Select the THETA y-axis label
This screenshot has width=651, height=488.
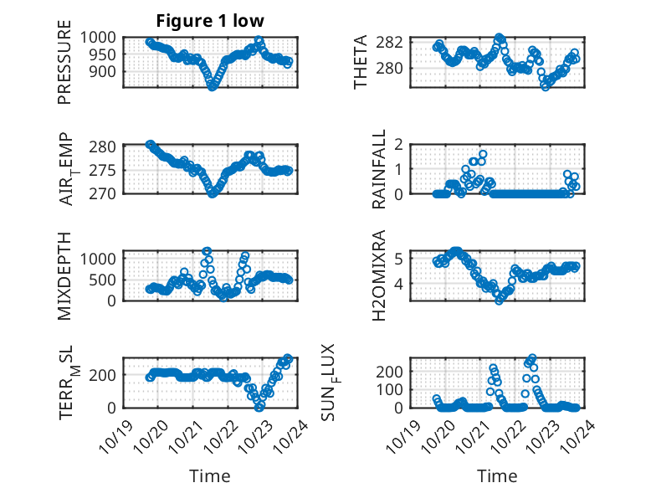point(361,63)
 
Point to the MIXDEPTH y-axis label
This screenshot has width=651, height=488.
point(65,275)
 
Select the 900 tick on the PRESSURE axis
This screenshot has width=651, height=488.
point(106,71)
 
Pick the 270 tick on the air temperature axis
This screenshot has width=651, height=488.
point(106,193)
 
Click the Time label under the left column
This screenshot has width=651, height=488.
point(210,476)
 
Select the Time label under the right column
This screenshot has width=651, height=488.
point(497,476)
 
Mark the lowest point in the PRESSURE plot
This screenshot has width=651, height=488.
point(213,85)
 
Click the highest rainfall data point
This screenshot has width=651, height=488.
point(483,154)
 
